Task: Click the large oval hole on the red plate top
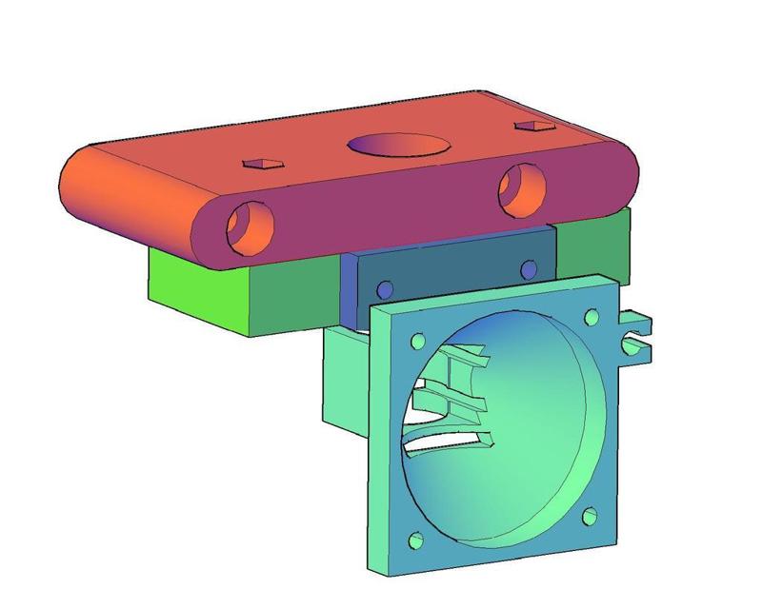click(x=398, y=145)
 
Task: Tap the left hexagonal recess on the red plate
click(x=262, y=164)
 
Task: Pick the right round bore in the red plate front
click(x=522, y=187)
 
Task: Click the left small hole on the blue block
click(x=385, y=289)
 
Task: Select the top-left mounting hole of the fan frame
click(x=417, y=341)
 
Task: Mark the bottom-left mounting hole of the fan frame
click(x=416, y=541)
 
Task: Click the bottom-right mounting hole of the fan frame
click(x=590, y=517)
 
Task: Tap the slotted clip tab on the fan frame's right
click(x=635, y=333)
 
